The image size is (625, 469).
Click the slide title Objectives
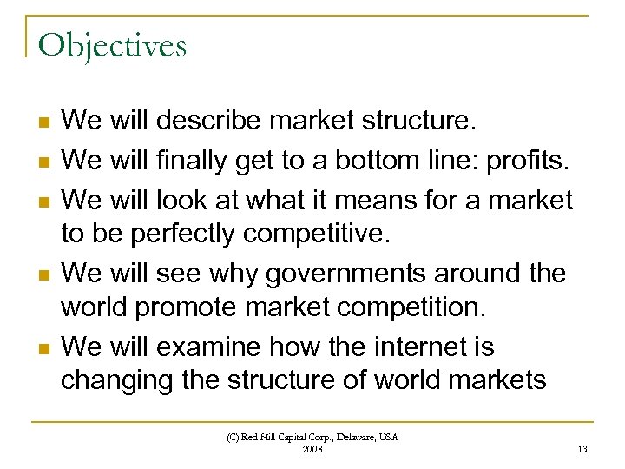click(112, 45)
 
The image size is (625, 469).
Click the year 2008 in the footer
click(312, 448)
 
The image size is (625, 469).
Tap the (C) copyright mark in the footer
click(234, 437)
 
